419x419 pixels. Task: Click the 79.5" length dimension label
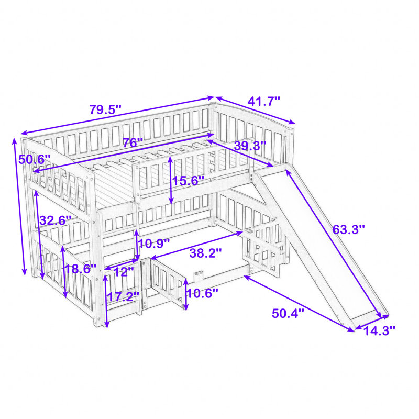pyautogui.click(x=105, y=109)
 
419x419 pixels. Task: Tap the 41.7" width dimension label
pyautogui.click(x=264, y=102)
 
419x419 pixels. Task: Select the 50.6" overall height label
pyautogui.click(x=35, y=160)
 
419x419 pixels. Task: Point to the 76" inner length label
pyautogui.click(x=133, y=143)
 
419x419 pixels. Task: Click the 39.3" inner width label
pyautogui.click(x=250, y=146)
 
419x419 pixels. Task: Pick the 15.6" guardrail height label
pyautogui.click(x=189, y=181)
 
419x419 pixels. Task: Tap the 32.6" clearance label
pyautogui.click(x=56, y=220)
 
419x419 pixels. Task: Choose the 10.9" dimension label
pyautogui.click(x=154, y=243)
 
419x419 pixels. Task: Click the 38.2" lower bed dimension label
pyautogui.click(x=205, y=253)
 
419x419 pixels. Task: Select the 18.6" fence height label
pyautogui.click(x=81, y=269)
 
